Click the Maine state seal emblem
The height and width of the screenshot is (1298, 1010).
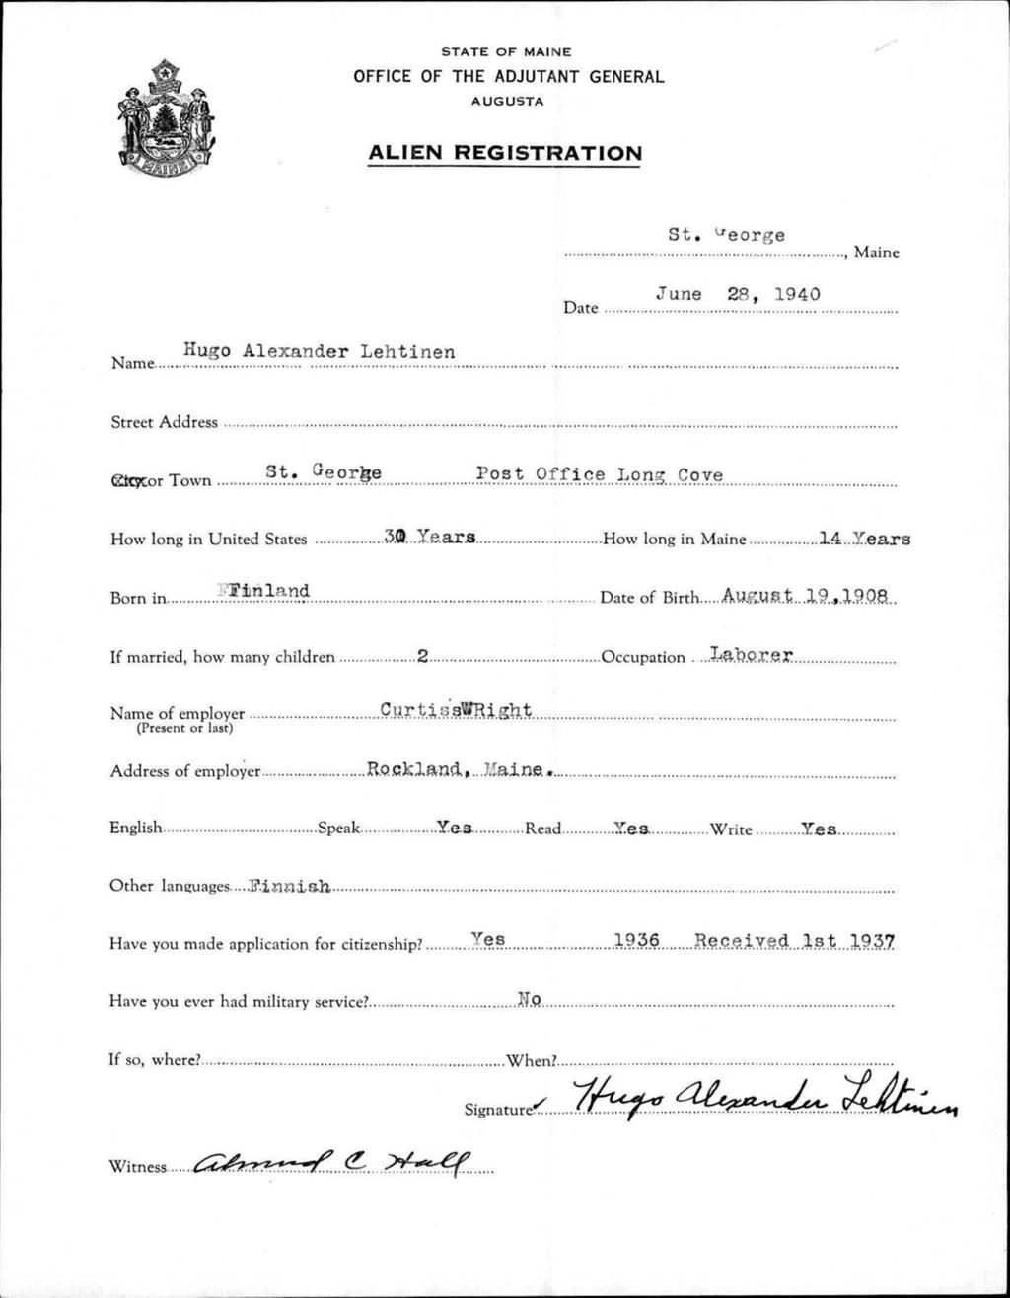coord(167,118)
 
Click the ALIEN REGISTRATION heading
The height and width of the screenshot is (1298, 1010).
coord(504,153)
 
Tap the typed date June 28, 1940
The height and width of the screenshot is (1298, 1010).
coord(738,294)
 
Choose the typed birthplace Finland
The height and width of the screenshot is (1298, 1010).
coord(265,591)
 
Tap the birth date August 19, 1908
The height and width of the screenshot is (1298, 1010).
coord(806,596)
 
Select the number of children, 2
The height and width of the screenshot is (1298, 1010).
coord(421,656)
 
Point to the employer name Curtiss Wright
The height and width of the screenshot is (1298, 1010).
coord(456,710)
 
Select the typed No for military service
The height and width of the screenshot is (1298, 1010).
coord(530,999)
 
